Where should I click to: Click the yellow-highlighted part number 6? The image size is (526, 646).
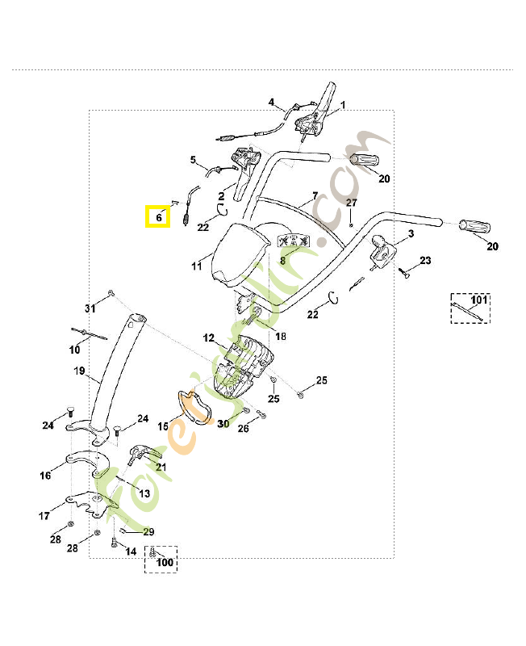point(157,216)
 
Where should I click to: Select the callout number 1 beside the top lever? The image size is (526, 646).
point(342,105)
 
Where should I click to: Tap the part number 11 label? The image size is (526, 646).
point(196,266)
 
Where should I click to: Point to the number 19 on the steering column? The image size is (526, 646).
point(79,371)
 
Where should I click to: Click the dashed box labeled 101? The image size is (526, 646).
point(470,307)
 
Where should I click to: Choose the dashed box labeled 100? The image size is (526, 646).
point(161,558)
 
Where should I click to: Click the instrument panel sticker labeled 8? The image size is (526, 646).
point(294,241)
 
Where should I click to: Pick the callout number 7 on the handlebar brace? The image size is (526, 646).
point(315,196)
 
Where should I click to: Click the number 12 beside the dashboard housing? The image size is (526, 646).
point(208,338)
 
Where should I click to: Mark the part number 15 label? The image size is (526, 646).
point(163,426)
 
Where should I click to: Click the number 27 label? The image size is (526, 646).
point(351,202)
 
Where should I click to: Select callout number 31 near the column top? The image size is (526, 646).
point(90,308)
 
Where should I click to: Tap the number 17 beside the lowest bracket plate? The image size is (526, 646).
point(44,514)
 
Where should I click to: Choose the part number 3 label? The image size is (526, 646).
point(411,233)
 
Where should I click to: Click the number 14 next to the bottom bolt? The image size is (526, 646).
point(131,552)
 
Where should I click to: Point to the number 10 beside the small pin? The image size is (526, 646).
point(74,350)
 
